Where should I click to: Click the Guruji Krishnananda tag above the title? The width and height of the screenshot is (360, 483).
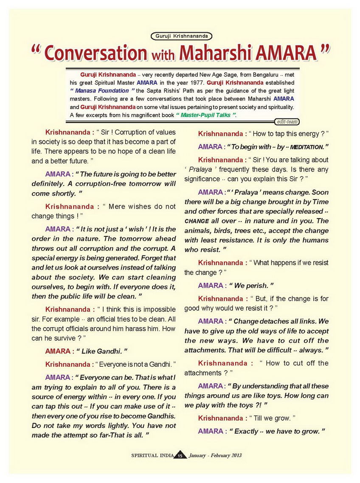[x=181, y=37]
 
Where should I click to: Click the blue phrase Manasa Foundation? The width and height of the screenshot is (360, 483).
[x=102, y=90]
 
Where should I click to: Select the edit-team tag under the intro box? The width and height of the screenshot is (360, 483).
[x=287, y=122]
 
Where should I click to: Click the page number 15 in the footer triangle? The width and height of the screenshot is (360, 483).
[x=180, y=456]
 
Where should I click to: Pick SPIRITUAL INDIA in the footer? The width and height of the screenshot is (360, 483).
[x=152, y=455]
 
